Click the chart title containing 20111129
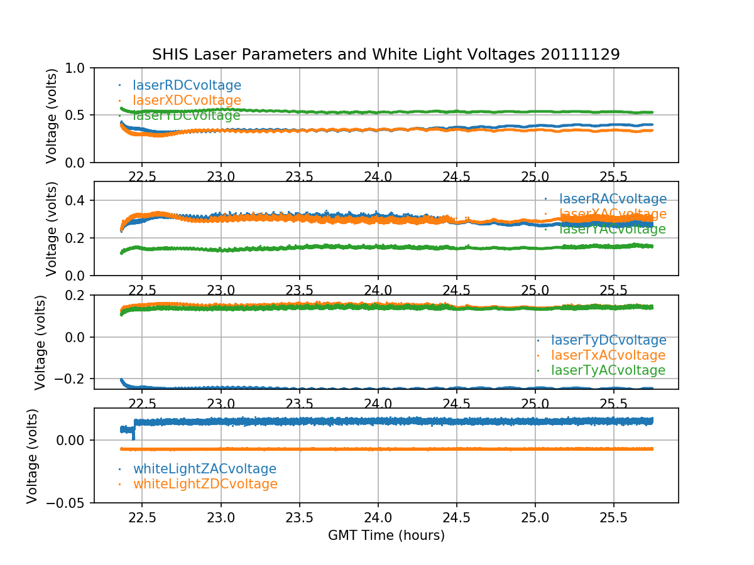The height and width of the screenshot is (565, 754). point(386,55)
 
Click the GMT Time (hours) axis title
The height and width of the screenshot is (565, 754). point(386,535)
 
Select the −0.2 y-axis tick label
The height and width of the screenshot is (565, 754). point(72,379)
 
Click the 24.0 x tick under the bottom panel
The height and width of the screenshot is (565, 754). point(378,519)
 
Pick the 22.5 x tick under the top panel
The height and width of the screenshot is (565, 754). point(142,178)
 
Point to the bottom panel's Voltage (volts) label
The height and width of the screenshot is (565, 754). point(32,456)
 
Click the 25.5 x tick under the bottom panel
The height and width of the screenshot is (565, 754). point(613,519)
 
